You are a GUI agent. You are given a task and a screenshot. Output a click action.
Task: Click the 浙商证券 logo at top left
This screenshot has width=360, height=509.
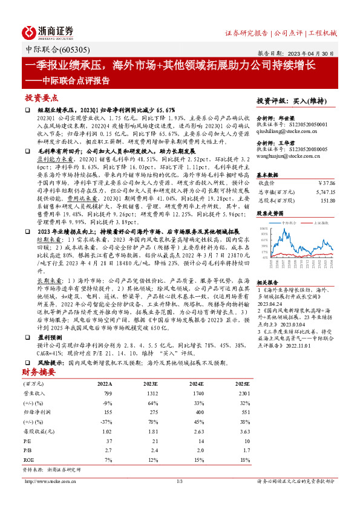click(48, 32)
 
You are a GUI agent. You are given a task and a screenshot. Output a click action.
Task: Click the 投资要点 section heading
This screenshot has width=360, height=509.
click(42, 97)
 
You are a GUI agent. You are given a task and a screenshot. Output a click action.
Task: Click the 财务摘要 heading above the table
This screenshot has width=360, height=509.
click(39, 355)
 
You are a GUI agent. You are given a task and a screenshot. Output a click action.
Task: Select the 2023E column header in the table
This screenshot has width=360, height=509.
click(151, 367)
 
